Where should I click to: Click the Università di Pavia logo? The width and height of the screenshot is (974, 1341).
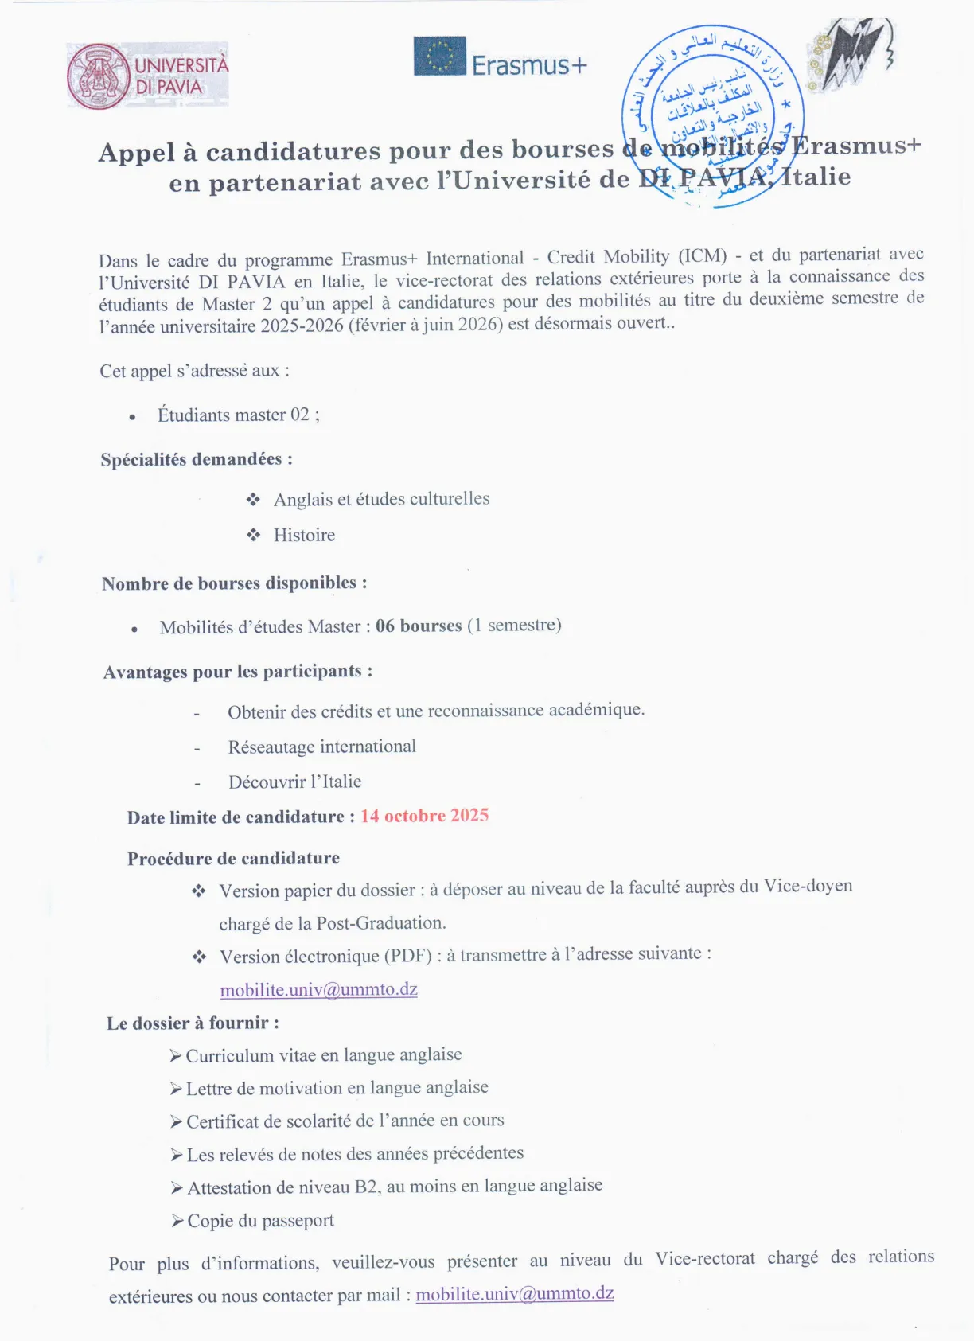(148, 76)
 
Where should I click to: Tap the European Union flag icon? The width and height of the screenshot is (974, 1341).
(439, 57)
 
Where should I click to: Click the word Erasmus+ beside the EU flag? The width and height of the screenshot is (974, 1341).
(529, 65)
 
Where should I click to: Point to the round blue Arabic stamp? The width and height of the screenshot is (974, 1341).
(712, 115)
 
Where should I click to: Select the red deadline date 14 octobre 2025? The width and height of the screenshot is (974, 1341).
(424, 816)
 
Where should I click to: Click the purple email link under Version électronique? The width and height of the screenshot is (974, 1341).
(318, 989)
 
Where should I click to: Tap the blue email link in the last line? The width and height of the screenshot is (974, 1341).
(514, 1294)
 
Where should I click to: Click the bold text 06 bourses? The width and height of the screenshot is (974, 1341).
(419, 626)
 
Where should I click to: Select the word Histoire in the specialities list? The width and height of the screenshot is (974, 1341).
(304, 535)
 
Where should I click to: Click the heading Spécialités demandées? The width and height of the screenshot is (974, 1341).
(197, 459)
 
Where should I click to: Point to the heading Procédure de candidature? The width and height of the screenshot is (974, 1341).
(233, 858)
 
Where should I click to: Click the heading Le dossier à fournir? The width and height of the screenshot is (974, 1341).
(193, 1023)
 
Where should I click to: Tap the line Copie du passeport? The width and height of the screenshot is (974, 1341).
(260, 1221)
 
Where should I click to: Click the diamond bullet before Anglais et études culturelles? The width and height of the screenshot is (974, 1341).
(253, 500)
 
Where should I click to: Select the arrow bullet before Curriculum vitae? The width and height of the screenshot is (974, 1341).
(176, 1056)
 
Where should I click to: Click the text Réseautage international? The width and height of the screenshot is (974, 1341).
(321, 747)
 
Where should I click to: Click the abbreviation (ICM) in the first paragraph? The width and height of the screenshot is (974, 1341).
(703, 256)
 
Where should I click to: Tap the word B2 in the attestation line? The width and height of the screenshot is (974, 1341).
(366, 1187)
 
